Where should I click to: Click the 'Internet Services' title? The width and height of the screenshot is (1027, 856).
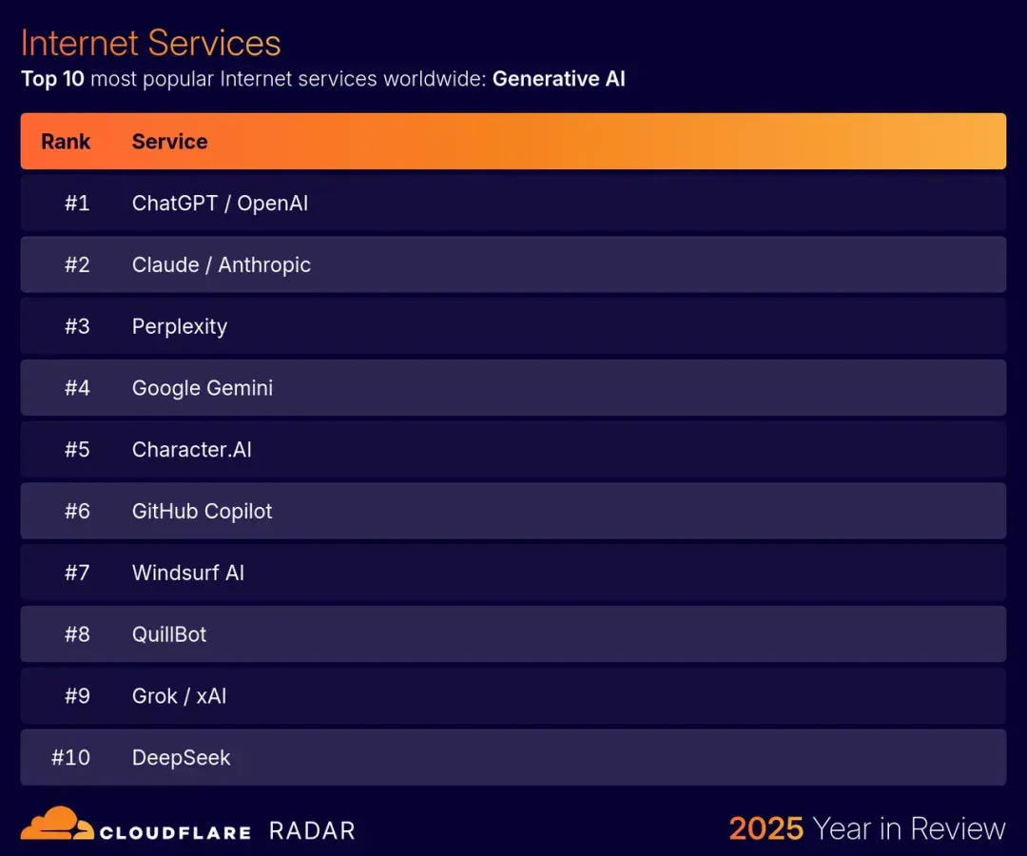point(150,43)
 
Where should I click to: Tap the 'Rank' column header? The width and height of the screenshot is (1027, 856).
point(66,142)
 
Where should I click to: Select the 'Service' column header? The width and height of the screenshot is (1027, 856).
point(169,142)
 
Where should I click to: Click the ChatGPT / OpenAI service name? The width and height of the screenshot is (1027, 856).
point(220,203)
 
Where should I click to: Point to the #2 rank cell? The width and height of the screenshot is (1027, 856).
point(77,264)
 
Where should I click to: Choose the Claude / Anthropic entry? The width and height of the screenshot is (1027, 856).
point(222,264)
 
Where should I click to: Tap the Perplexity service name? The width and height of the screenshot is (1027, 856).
point(180,327)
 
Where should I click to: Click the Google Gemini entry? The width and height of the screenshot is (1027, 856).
point(203,388)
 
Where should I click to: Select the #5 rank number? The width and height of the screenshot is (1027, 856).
point(77,449)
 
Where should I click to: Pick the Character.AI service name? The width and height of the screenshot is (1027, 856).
point(192,449)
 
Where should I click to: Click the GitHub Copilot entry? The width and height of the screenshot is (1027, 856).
point(202,512)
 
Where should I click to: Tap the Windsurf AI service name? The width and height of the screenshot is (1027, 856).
point(188,573)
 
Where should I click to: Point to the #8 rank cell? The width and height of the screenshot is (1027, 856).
point(77,634)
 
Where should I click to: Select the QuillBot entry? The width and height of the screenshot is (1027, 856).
point(169,634)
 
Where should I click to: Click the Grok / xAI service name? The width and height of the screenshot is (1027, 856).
point(180,695)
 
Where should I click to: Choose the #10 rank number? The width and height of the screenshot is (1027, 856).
point(70,757)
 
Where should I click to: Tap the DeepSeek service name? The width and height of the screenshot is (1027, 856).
point(182,758)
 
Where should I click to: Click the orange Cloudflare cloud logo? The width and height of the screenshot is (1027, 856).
point(57,824)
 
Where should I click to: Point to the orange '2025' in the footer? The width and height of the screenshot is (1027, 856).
point(766,828)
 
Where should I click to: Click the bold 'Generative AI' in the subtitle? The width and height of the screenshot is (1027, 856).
point(559,79)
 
